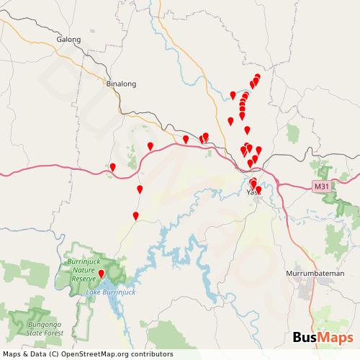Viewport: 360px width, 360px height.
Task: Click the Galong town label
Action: click(x=68, y=40)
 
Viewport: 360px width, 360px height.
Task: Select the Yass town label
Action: click(x=253, y=192)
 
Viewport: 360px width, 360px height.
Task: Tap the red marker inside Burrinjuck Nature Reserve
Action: click(x=102, y=274)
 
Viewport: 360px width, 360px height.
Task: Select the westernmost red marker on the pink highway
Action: click(x=112, y=168)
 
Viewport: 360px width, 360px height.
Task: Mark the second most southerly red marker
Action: click(x=135, y=215)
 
